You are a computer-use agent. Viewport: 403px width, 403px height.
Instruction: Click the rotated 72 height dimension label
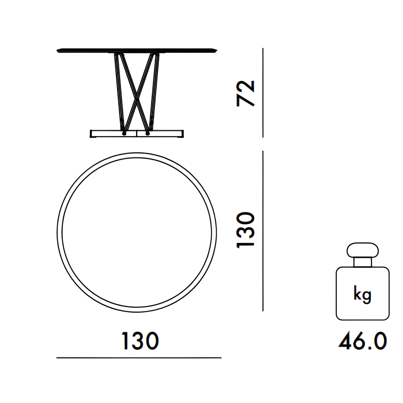click(x=246, y=94)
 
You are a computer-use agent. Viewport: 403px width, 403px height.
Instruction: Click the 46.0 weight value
click(x=363, y=341)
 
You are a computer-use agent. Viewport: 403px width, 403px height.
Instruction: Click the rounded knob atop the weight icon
click(x=362, y=250)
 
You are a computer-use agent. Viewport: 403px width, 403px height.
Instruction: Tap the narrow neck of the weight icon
click(x=362, y=262)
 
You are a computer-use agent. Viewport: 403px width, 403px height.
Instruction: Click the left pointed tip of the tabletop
click(x=57, y=51)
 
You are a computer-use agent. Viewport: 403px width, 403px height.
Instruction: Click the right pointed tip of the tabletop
click(x=217, y=51)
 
